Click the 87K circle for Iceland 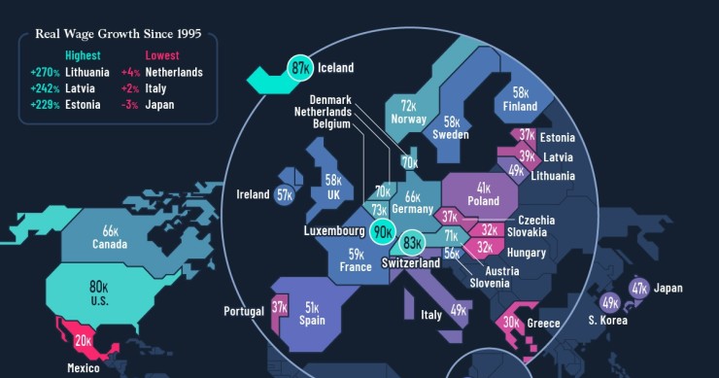(x=300, y=68)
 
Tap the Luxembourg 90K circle (x=383, y=232)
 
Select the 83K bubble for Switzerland (x=413, y=243)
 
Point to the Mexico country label (x=84, y=368)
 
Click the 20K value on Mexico (x=84, y=339)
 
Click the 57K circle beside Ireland (x=285, y=195)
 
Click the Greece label (x=543, y=324)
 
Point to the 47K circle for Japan (x=638, y=288)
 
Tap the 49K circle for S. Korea (x=610, y=302)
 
